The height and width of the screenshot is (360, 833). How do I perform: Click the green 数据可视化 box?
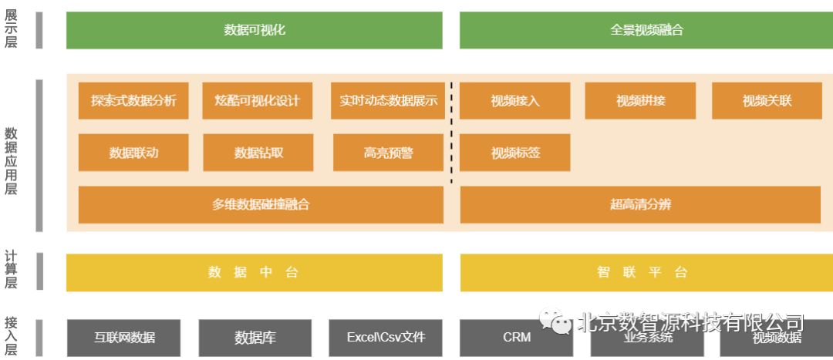pyautogui.click(x=254, y=30)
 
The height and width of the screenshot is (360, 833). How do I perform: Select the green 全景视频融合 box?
pyautogui.click(x=646, y=30)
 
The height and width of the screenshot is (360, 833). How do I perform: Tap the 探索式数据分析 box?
pyautogui.click(x=133, y=101)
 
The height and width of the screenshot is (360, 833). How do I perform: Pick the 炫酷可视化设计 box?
pyautogui.click(x=258, y=101)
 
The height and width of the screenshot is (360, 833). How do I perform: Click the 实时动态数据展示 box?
pyautogui.click(x=388, y=101)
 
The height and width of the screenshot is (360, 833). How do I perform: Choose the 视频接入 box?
pyautogui.click(x=515, y=101)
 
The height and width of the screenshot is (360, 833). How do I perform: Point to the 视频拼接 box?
pyautogui.click(x=640, y=101)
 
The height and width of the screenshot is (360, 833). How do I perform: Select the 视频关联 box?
pyautogui.click(x=767, y=101)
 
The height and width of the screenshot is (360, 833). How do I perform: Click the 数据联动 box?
pyautogui.click(x=133, y=153)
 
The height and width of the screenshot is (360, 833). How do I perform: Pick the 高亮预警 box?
pyautogui.click(x=388, y=153)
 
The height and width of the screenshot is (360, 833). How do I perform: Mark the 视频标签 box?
pyautogui.click(x=515, y=153)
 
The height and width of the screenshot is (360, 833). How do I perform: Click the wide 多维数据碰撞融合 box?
pyautogui.click(x=261, y=205)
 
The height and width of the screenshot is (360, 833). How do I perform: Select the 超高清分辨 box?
pyautogui.click(x=640, y=205)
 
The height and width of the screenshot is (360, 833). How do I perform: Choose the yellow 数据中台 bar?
pyautogui.click(x=254, y=273)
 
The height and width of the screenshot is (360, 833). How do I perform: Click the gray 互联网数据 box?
pyautogui.click(x=124, y=338)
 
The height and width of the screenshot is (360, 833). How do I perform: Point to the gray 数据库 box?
pyautogui.click(x=255, y=338)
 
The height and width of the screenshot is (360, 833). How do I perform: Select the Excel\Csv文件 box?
pyautogui.click(x=386, y=338)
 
